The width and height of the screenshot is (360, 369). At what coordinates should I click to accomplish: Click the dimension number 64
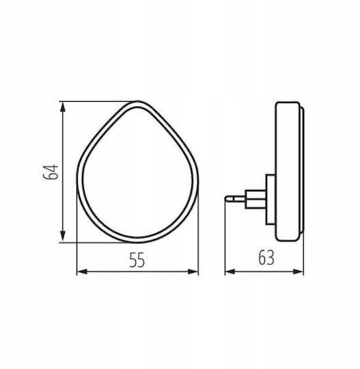click(51, 172)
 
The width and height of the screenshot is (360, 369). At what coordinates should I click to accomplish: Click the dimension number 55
click(137, 260)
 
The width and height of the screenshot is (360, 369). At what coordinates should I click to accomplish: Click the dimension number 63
click(266, 258)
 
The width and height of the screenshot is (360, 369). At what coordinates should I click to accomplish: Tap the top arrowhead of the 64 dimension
click(63, 107)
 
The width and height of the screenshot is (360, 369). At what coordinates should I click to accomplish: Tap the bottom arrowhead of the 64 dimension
click(63, 236)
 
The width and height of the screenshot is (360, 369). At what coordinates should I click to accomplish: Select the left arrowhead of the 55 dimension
click(83, 272)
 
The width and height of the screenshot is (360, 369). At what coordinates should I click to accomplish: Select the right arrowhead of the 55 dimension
click(193, 272)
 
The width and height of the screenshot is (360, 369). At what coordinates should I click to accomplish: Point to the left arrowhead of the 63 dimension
click(230, 272)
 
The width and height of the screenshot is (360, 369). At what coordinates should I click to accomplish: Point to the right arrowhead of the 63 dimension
click(298, 272)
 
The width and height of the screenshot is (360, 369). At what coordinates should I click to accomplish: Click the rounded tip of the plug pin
click(226, 199)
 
